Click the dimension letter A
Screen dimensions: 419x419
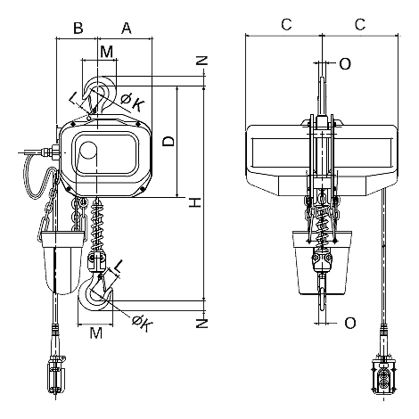click(x=127, y=28)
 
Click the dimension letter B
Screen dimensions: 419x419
click(x=78, y=28)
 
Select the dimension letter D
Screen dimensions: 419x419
click(x=168, y=142)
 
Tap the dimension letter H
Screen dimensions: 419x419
click(x=195, y=202)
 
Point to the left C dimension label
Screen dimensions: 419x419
click(x=286, y=24)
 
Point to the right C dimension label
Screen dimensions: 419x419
click(x=360, y=24)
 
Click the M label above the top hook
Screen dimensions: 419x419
click(x=107, y=52)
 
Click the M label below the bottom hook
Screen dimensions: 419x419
click(x=96, y=333)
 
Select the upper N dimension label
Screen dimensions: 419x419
click(x=201, y=61)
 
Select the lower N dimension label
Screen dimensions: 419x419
click(x=201, y=324)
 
